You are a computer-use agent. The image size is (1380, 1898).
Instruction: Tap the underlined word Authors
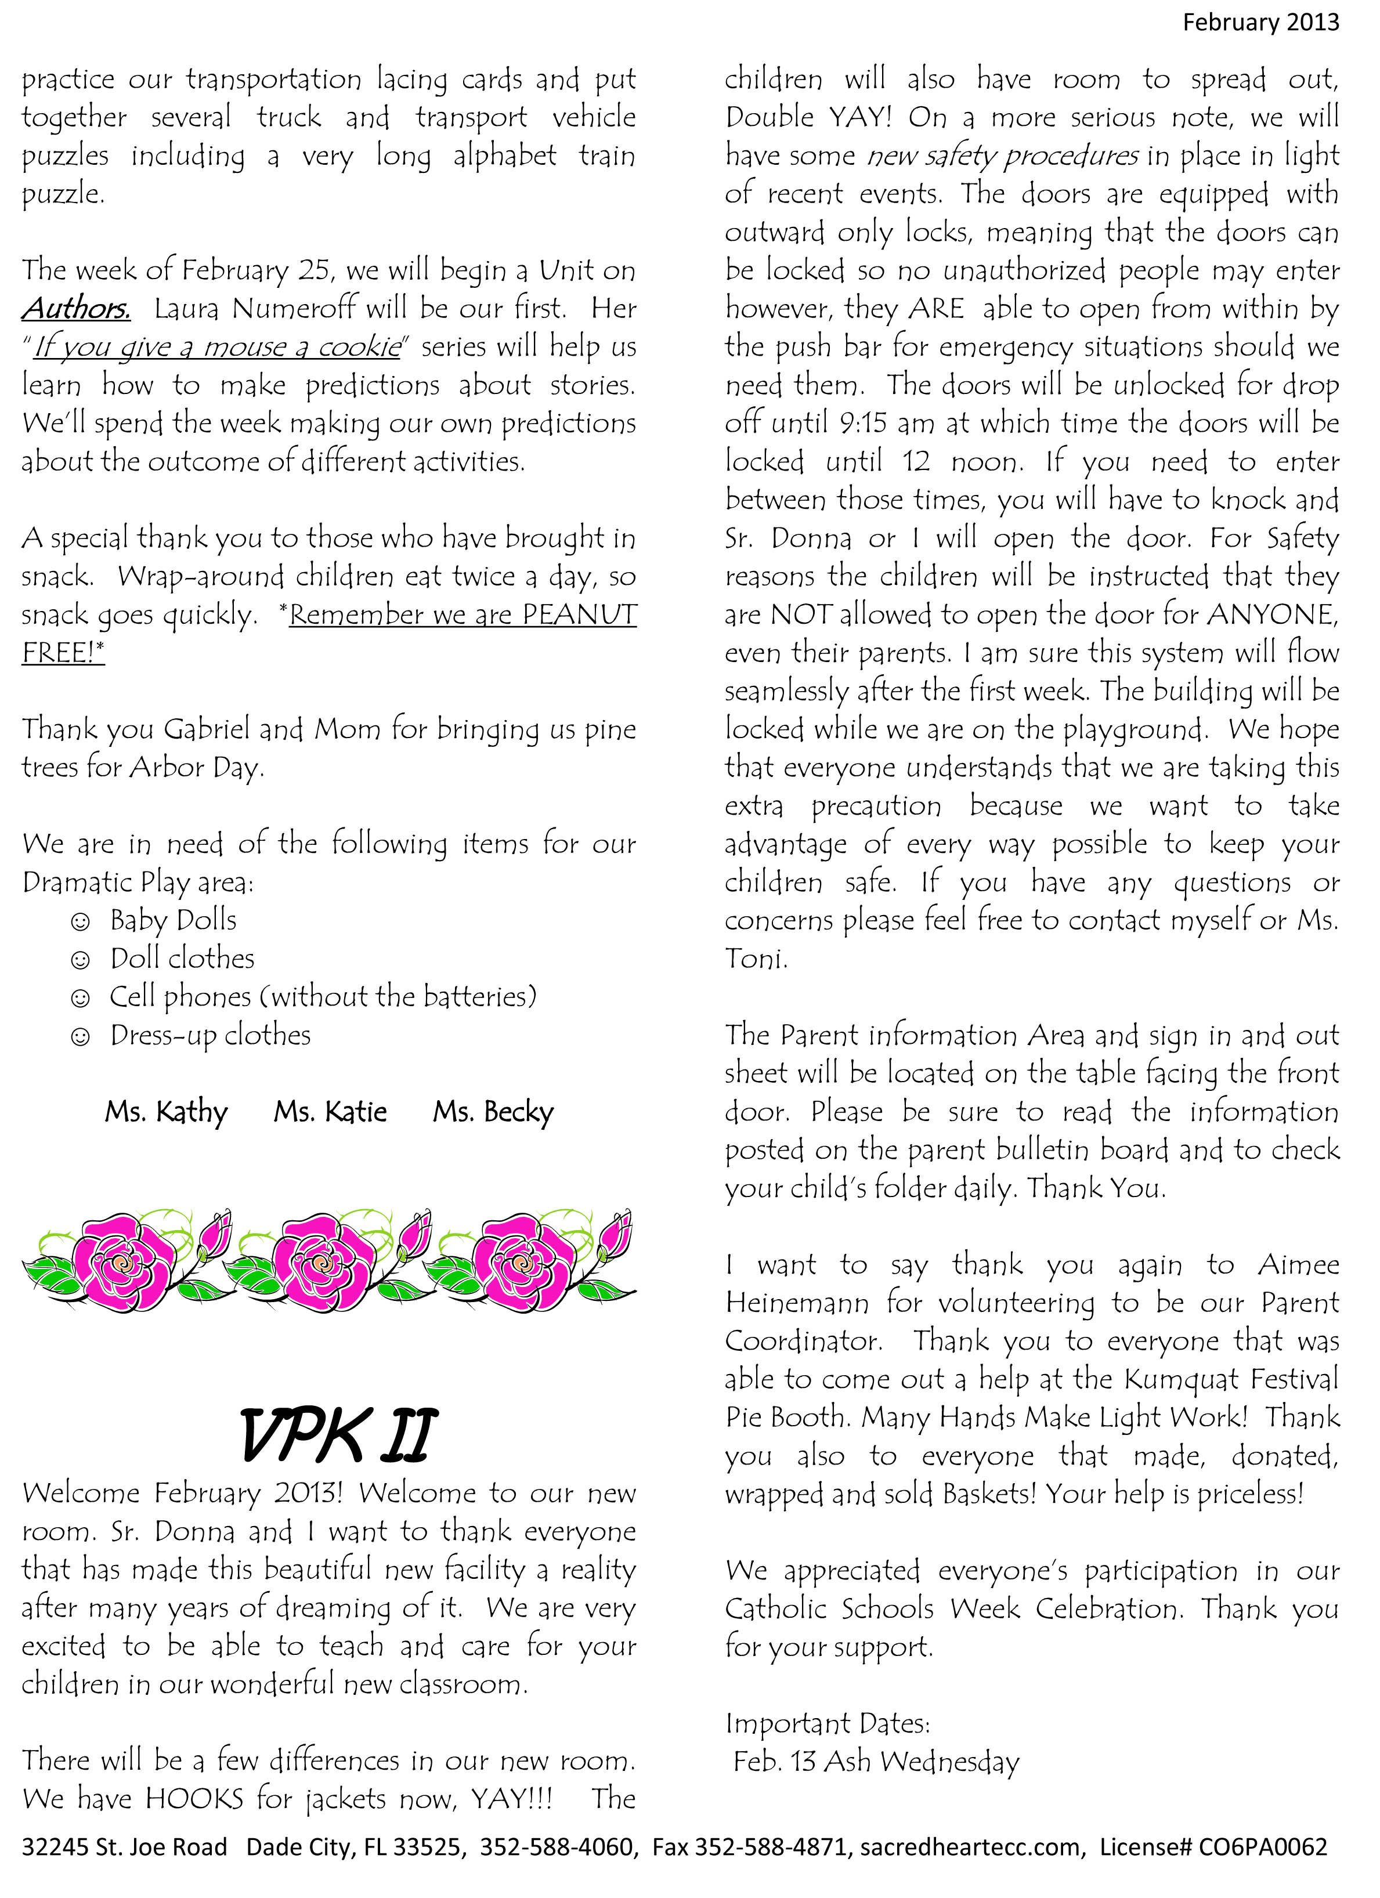tap(76, 308)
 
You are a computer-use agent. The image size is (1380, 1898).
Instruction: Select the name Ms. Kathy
tap(166, 1112)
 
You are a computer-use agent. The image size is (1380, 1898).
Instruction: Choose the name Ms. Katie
tap(331, 1112)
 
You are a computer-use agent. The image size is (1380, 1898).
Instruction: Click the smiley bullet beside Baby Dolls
tap(80, 921)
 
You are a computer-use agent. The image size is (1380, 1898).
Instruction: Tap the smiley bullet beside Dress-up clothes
tap(80, 1037)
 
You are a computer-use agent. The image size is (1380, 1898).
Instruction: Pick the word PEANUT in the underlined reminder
tap(579, 615)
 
